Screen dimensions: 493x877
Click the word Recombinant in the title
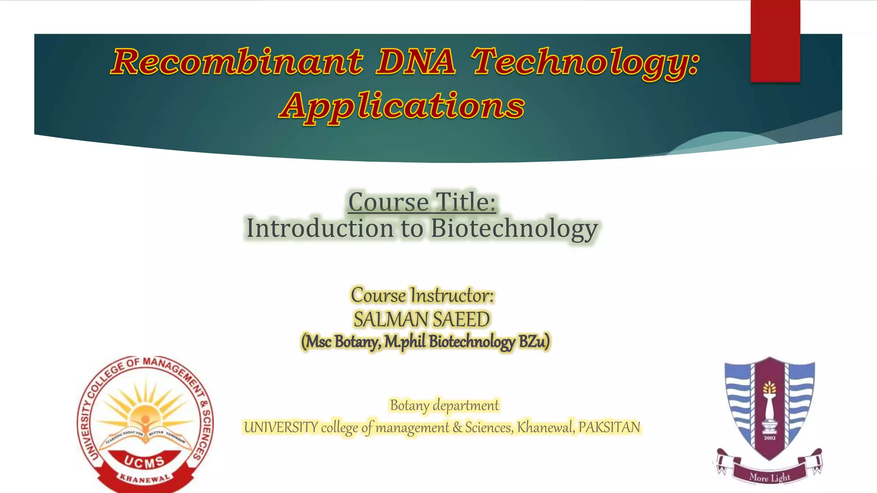[237, 62]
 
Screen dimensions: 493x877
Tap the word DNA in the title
[415, 62]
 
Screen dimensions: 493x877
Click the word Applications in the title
[402, 107]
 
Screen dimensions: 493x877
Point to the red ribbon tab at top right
[775, 41]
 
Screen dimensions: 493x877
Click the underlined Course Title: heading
[422, 202]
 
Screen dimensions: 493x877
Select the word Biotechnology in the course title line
[514, 229]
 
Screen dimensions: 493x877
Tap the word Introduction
[319, 229]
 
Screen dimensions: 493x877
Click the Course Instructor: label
[422, 295]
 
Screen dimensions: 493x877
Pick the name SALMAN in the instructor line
[391, 319]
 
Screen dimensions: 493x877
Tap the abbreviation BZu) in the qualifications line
[534, 342]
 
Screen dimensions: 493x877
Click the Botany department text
[444, 405]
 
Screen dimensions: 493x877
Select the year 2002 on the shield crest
[770, 438]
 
